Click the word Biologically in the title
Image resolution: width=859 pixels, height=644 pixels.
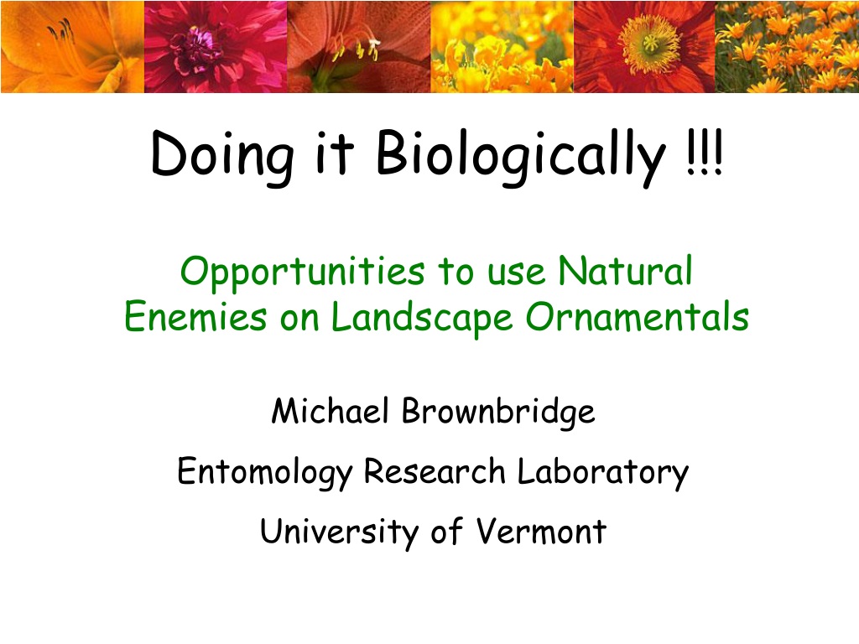[x=520, y=157]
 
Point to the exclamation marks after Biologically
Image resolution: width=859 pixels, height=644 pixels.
[x=705, y=153]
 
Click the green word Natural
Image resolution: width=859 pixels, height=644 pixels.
[x=625, y=270]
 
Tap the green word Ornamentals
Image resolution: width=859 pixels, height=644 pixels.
[x=638, y=316]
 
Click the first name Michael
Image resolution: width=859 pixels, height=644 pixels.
[x=331, y=411]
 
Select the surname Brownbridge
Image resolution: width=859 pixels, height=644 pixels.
[x=498, y=413]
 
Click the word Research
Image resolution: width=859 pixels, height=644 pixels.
[x=435, y=471]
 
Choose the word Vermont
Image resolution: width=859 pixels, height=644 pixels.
[x=541, y=531]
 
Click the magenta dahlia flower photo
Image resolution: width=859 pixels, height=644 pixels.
[x=216, y=47]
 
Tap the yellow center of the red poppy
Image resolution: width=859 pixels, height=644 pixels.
[x=650, y=44]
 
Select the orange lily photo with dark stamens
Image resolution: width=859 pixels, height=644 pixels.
[x=72, y=47]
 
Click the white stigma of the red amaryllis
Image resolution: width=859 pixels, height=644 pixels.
[x=375, y=42]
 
